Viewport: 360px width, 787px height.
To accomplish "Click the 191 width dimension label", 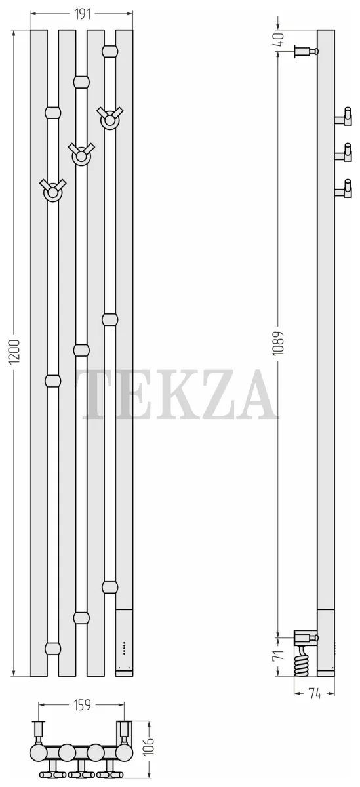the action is (x=83, y=14).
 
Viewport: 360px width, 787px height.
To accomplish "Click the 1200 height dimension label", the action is (x=14, y=352).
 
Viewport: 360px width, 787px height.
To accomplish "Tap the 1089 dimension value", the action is (x=279, y=343).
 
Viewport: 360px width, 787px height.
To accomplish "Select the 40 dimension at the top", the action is (x=279, y=39).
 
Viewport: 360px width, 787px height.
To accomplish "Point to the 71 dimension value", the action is (x=279, y=655).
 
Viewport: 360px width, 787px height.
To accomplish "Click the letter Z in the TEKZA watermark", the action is (x=211, y=394).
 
